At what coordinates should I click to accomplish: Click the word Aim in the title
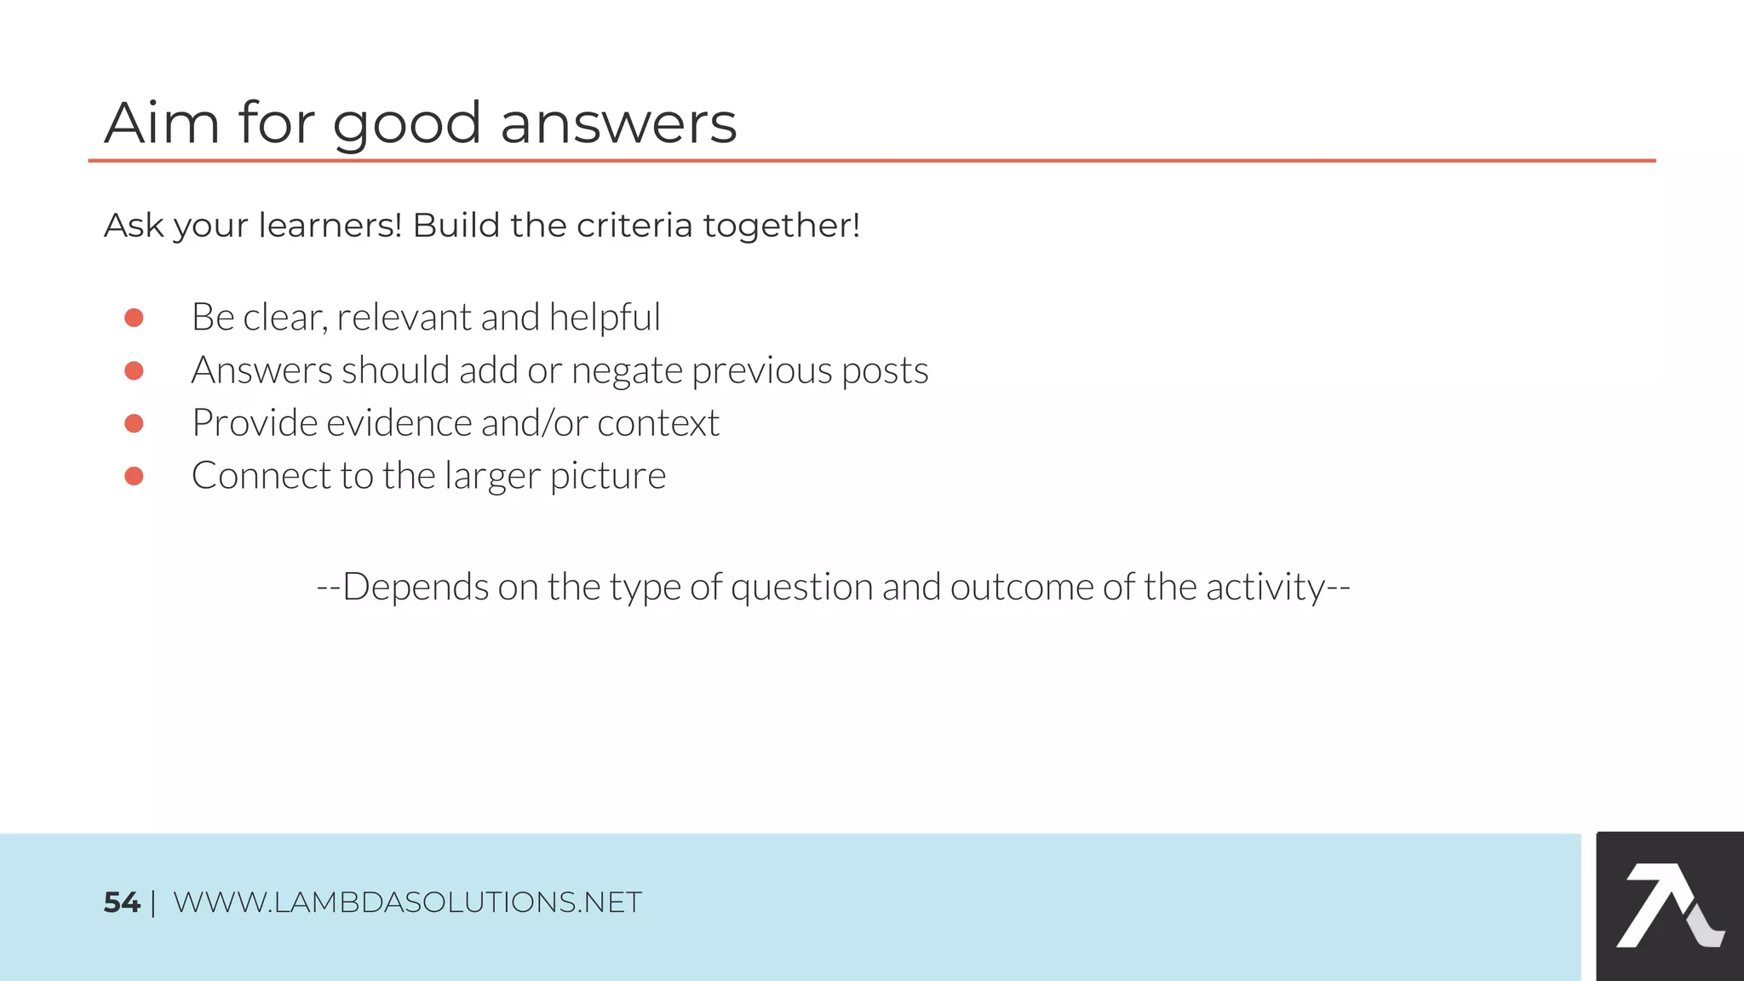pyautogui.click(x=162, y=123)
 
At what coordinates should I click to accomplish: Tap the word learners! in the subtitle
pyautogui.click(x=330, y=226)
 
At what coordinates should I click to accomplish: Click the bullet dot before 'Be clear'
pyautogui.click(x=134, y=318)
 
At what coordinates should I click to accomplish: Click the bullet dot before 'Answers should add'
pyautogui.click(x=134, y=370)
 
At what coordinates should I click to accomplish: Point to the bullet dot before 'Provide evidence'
pyautogui.click(x=134, y=423)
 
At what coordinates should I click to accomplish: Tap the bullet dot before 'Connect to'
pyautogui.click(x=134, y=476)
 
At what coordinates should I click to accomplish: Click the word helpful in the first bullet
pyautogui.click(x=605, y=318)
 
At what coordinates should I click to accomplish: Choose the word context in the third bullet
pyautogui.click(x=658, y=423)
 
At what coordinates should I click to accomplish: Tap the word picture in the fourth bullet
pyautogui.click(x=608, y=477)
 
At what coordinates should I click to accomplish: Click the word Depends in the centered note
pyautogui.click(x=416, y=588)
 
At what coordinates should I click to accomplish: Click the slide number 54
pyautogui.click(x=121, y=903)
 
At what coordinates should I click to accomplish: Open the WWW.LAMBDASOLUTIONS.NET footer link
pyautogui.click(x=407, y=903)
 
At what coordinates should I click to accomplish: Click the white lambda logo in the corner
pyautogui.click(x=1668, y=906)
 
